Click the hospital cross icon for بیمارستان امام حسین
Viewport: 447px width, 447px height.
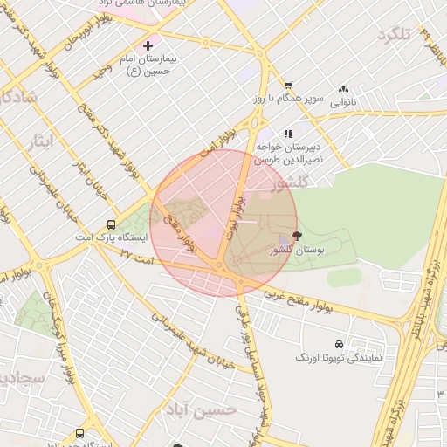[148, 45]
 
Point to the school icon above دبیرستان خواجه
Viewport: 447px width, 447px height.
[287, 134]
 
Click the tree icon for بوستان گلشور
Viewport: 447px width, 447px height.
[297, 236]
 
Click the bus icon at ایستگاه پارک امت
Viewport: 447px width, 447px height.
[111, 224]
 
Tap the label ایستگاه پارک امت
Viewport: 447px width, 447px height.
[113, 237]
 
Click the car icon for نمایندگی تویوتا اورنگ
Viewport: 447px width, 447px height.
[351, 344]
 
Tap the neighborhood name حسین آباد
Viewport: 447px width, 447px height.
[230, 409]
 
